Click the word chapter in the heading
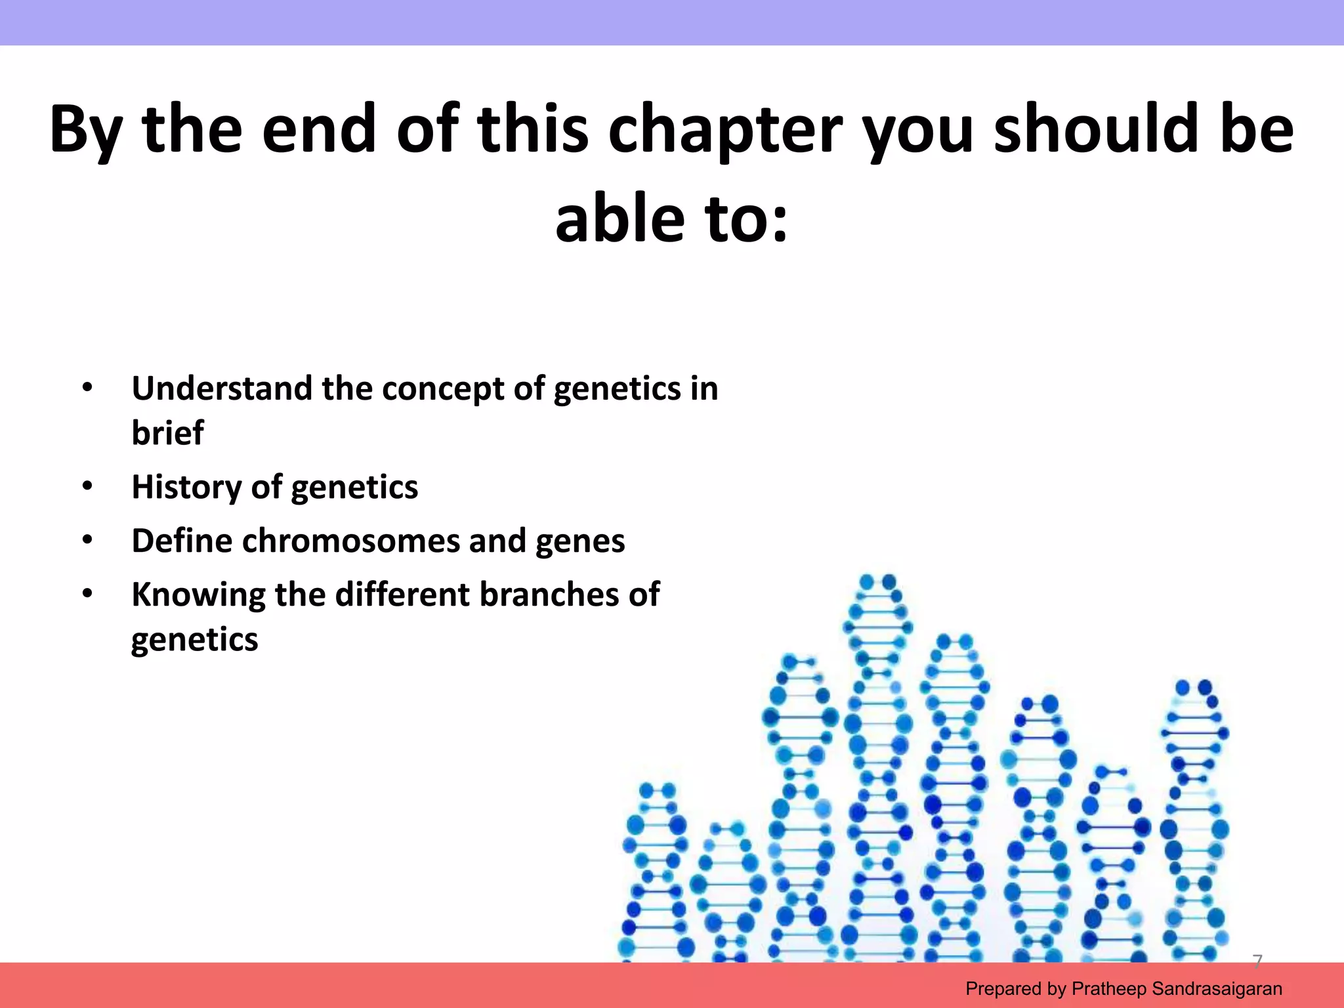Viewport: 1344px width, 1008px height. [725, 130]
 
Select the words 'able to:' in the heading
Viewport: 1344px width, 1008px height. [671, 218]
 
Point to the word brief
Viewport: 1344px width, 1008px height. [167, 433]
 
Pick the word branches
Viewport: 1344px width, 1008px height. [549, 595]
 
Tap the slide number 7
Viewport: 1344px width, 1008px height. [1257, 961]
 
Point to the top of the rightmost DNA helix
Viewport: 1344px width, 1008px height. [1194, 688]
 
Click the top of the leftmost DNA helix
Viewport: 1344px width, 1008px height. [657, 790]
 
